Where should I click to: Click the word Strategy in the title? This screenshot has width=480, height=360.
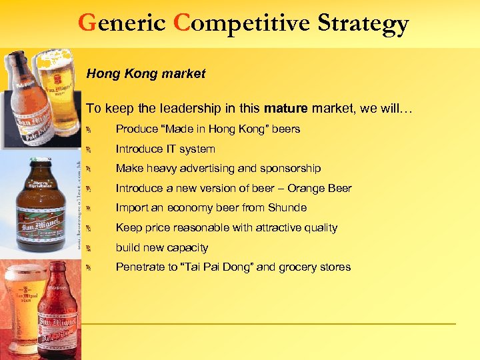[x=363, y=24]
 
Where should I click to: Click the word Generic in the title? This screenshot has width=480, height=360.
[x=121, y=24]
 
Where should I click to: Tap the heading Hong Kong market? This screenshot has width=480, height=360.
[x=146, y=74]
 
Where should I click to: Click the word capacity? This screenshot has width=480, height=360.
[x=186, y=247]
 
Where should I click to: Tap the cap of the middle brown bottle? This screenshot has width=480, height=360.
[x=40, y=162]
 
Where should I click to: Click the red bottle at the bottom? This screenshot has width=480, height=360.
[x=60, y=313]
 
